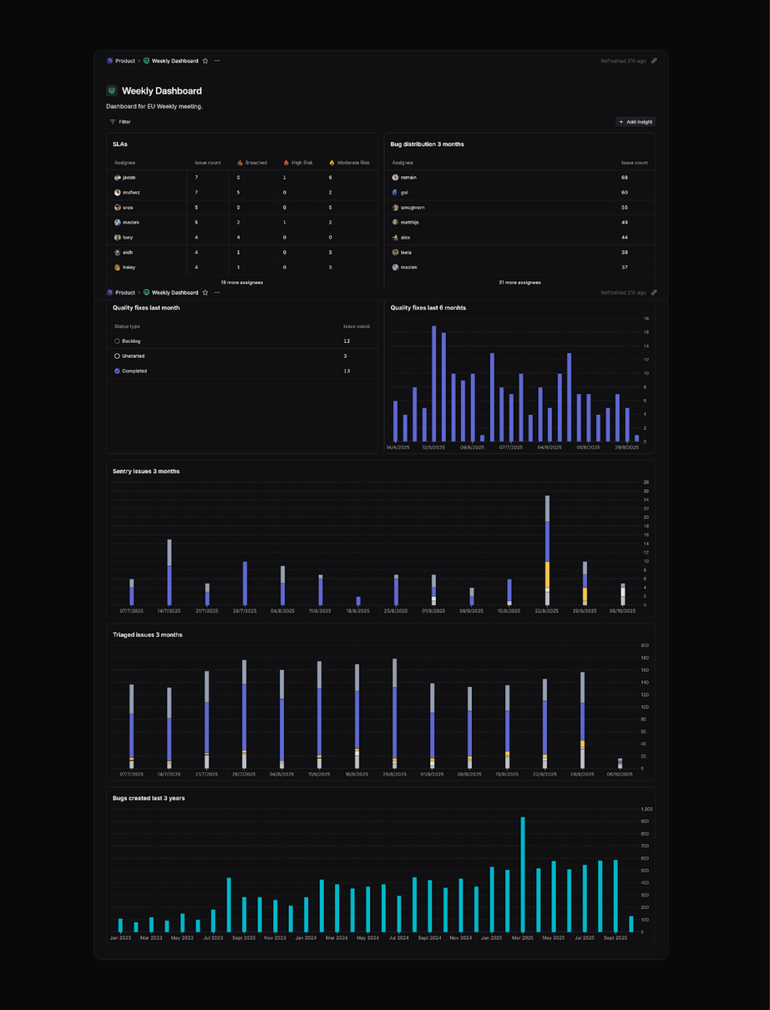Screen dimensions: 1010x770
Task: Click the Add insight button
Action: pyautogui.click(x=636, y=122)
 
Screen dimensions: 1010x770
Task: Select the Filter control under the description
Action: pyautogui.click(x=121, y=122)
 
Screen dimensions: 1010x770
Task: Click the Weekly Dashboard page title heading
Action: pyautogui.click(x=162, y=91)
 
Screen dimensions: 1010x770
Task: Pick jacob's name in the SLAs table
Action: pyautogui.click(x=128, y=177)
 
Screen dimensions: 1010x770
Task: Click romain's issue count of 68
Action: pyautogui.click(x=624, y=177)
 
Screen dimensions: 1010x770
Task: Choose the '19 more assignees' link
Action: pyautogui.click(x=242, y=283)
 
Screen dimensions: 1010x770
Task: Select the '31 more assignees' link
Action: pyautogui.click(x=520, y=283)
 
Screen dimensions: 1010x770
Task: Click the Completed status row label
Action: pyautogui.click(x=134, y=371)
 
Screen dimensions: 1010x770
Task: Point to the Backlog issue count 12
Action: pyautogui.click(x=346, y=341)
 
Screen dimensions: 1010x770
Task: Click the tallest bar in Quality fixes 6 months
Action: pyautogui.click(x=434, y=383)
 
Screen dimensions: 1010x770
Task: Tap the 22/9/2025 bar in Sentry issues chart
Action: pyautogui.click(x=547, y=550)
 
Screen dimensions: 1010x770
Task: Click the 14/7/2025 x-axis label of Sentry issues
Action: pyautogui.click(x=169, y=611)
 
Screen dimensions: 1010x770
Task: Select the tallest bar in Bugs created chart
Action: pyautogui.click(x=522, y=874)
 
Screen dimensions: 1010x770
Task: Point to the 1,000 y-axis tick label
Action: pyautogui.click(x=647, y=809)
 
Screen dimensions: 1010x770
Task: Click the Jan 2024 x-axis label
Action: pyautogui.click(x=305, y=938)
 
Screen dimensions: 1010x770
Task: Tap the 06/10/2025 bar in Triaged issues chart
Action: pyautogui.click(x=620, y=763)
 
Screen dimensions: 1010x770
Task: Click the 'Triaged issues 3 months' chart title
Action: pyautogui.click(x=147, y=635)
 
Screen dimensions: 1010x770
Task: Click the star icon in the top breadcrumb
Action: pyautogui.click(x=205, y=61)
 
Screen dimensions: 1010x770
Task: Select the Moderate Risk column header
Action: pyautogui.click(x=353, y=162)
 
